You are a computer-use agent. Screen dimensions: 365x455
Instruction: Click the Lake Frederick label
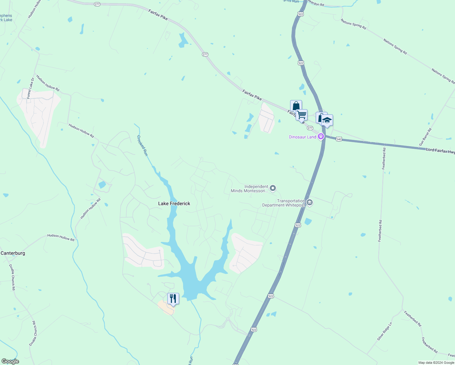tap(174, 203)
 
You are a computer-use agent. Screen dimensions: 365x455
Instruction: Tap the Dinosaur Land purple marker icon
tap(321, 137)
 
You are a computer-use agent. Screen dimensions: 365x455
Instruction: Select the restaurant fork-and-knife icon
tap(173, 299)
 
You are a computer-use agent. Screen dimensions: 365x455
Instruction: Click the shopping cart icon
tap(301, 115)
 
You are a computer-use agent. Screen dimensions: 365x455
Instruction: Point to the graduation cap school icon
tap(327, 120)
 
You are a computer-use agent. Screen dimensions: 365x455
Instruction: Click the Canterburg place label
tap(13, 253)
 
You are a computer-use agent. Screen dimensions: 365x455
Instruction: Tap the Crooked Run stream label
tap(142, 145)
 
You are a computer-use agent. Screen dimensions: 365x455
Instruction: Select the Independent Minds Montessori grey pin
tap(273, 188)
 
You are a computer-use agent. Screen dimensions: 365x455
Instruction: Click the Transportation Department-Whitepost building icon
tap(310, 202)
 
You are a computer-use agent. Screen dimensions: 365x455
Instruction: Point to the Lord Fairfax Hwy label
tap(440, 151)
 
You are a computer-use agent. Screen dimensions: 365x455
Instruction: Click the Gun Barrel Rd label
tap(425, 137)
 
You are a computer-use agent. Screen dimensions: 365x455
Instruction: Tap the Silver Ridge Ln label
tap(385, 331)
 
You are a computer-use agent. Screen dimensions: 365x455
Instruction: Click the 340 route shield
tap(339, 139)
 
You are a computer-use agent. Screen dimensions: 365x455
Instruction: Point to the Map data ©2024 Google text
tap(436, 363)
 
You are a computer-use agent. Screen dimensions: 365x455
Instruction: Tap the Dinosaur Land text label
tap(302, 137)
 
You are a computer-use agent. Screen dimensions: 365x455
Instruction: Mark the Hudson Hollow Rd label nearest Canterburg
tap(61, 238)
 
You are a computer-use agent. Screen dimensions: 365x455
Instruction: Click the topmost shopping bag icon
tap(296, 106)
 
